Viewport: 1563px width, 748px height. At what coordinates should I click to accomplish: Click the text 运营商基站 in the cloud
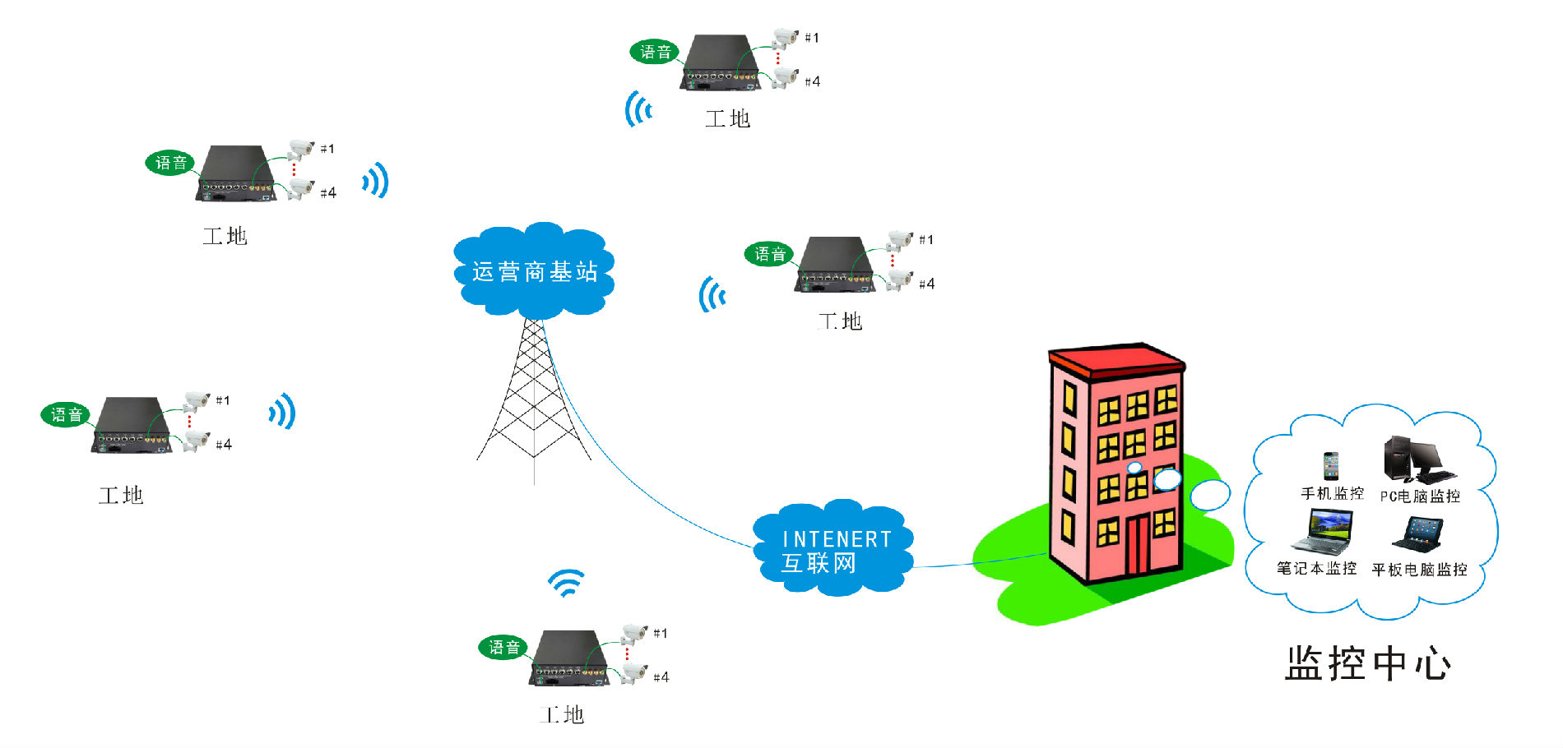535,272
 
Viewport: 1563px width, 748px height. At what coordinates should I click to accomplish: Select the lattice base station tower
534,395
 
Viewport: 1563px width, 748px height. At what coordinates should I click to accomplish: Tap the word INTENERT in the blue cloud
837,539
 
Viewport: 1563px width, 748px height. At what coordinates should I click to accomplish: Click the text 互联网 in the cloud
819,564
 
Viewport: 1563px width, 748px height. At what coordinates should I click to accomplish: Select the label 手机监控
1332,493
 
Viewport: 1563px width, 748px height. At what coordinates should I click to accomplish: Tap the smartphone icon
1331,465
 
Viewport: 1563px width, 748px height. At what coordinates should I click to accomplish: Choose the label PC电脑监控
1420,496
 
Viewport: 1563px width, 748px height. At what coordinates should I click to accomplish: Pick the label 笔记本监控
1316,568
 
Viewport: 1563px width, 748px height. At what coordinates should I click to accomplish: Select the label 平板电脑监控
1419,570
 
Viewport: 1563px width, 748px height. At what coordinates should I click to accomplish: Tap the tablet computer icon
1418,534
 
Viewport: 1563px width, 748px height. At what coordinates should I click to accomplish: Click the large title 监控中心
1367,663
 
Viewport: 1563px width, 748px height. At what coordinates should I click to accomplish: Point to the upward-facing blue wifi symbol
567,583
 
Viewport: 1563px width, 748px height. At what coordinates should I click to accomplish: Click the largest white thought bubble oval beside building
1210,495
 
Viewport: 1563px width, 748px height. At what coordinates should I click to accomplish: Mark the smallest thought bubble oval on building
1134,468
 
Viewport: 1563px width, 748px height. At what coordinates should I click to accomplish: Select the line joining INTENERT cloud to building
979,562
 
